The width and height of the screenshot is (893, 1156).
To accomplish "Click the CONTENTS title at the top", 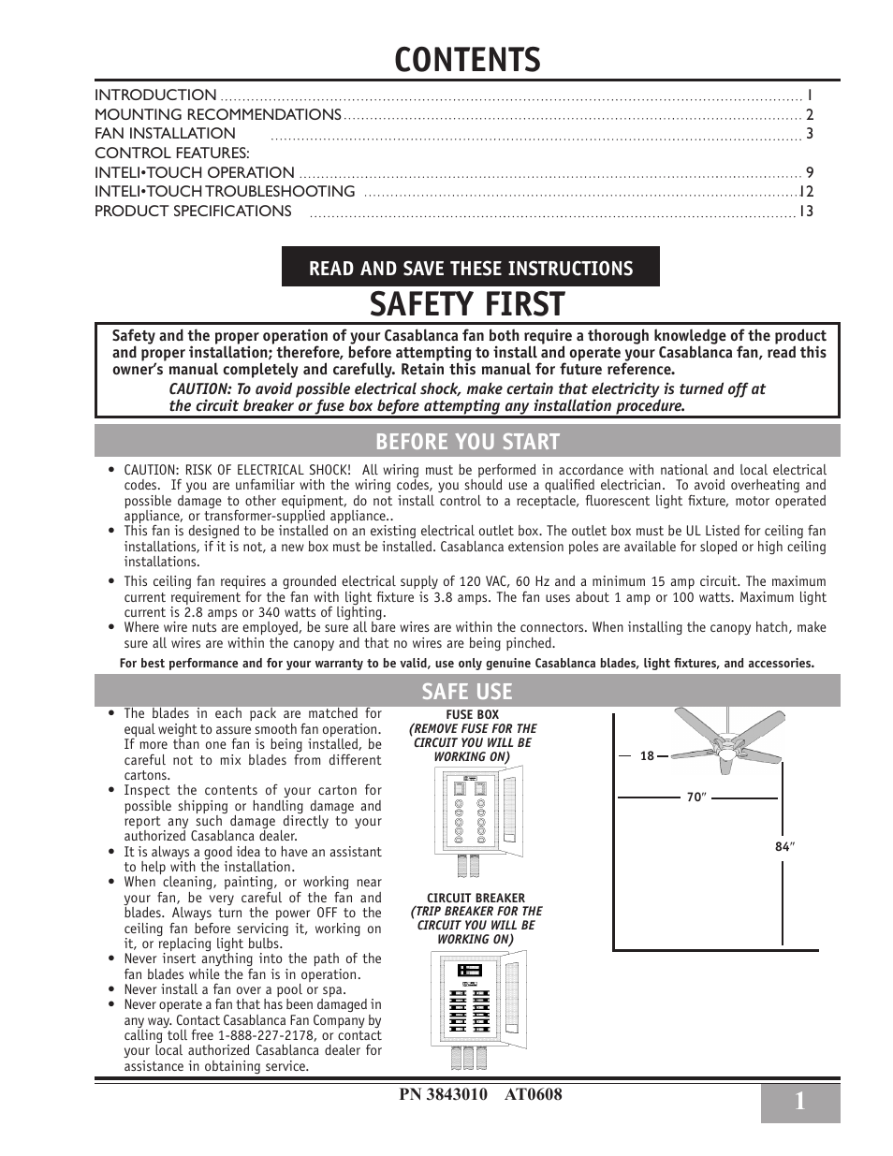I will [x=467, y=60].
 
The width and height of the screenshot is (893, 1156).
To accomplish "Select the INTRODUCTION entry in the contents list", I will [x=155, y=95].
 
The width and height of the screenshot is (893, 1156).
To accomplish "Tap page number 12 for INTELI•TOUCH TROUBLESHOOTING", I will [x=806, y=192].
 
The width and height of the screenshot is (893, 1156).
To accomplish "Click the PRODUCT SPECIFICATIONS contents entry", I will [x=193, y=212].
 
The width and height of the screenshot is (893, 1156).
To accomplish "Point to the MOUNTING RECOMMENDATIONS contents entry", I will [x=217, y=115].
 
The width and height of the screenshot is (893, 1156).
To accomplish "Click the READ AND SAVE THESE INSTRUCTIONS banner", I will [x=471, y=269].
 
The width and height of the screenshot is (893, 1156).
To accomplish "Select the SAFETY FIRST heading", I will [x=467, y=305].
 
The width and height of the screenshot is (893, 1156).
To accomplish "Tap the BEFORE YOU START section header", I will [x=467, y=442].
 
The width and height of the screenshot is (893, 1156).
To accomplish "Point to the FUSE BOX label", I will [x=473, y=715].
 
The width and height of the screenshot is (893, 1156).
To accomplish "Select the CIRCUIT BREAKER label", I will [x=476, y=898].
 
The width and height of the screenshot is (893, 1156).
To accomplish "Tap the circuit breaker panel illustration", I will [x=477, y=1006].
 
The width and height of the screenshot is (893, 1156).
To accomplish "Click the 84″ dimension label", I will [x=784, y=847].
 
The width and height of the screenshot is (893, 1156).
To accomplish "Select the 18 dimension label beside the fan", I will [x=647, y=756].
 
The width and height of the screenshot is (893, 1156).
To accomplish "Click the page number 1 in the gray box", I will [x=799, y=1103].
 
